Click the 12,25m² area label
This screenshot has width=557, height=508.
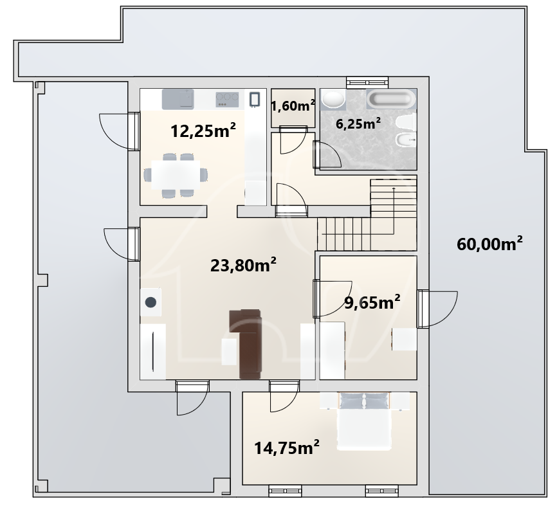pos(203,131)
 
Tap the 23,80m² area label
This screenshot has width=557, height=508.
pos(243,265)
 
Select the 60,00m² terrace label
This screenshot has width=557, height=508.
pos(489,244)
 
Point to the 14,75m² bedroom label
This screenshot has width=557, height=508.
pos(287,448)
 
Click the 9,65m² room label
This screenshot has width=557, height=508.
pos(372,302)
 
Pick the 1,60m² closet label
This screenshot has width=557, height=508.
pos(293,105)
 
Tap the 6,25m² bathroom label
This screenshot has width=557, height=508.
pos(358,123)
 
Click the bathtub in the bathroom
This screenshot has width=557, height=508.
pos(391,98)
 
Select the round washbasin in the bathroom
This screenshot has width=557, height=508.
pos(333,99)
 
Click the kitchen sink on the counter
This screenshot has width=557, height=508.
pos(178,99)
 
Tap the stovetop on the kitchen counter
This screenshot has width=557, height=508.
pos(227,99)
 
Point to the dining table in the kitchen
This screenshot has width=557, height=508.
pos(176,175)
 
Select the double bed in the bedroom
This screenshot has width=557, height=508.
pos(365,421)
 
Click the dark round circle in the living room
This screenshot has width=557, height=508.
pos(151,302)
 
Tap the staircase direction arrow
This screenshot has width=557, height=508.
pos(393,211)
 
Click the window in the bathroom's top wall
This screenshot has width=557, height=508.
pos(367,82)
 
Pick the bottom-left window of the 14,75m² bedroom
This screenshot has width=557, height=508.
pos(285,491)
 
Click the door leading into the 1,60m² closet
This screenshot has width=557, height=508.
pos(293,140)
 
